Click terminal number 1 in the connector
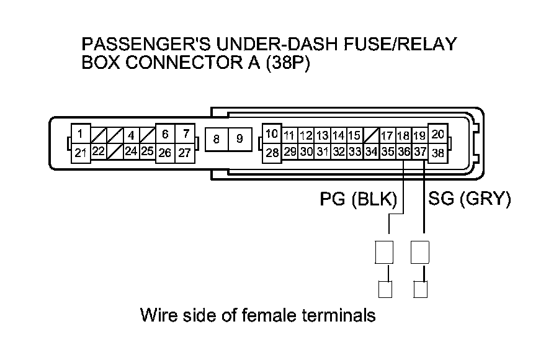[81, 133]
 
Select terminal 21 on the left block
[81, 152]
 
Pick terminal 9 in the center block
[239, 140]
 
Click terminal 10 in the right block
[272, 134]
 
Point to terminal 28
[272, 152]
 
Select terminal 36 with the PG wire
[403, 151]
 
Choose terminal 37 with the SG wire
[420, 151]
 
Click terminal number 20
[438, 134]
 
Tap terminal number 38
[438, 152]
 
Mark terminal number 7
[185, 133]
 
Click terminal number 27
[185, 152]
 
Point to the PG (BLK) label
[358, 199]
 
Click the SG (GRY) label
[469, 199]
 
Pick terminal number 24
[131, 151]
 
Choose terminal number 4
[131, 135]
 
